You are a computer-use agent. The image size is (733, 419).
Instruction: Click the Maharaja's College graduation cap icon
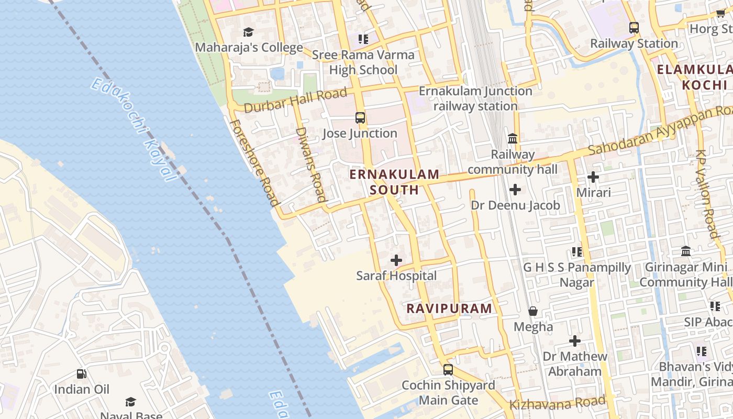pos(248,32)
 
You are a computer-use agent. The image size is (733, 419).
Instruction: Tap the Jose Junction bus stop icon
pos(360,118)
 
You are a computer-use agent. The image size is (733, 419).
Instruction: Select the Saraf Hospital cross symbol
pos(396,260)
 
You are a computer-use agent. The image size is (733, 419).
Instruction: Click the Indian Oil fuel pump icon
pos(82,374)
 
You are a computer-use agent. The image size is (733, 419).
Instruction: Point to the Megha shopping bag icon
pos(533,311)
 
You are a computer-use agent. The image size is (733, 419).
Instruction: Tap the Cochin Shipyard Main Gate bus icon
pos(448,369)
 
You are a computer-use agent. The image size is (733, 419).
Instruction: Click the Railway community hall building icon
pos(513,139)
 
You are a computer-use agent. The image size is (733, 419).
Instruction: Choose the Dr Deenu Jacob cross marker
pos(515,190)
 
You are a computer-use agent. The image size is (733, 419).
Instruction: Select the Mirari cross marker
pos(593,177)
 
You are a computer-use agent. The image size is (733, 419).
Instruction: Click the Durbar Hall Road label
pos(295,100)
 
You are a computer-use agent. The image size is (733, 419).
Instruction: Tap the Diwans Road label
pos(311,164)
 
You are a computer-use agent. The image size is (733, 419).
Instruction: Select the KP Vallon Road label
pos(707,194)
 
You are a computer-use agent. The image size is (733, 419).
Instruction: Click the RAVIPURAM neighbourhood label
pos(449,308)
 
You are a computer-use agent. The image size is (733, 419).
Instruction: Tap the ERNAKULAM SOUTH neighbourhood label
pos(395,182)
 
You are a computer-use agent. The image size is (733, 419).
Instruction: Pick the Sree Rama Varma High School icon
pos(363,39)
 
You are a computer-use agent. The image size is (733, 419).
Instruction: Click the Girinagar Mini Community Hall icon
pos(686,251)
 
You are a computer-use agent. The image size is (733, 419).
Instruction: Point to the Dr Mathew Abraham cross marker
pos(575,341)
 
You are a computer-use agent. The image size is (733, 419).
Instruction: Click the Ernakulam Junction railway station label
pos(475,98)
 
